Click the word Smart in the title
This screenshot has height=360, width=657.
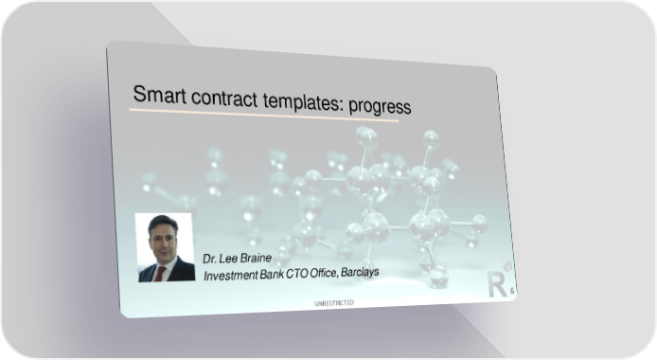point(160,94)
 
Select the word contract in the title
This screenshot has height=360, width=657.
point(224,99)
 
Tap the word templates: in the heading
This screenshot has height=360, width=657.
point(303,101)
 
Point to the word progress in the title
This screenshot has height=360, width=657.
point(380,106)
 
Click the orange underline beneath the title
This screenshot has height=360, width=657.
point(264,116)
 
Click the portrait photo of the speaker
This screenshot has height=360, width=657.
point(165,247)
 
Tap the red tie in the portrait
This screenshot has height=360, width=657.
point(160,273)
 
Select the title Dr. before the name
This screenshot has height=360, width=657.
point(209,259)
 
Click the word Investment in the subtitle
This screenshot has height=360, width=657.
point(230,276)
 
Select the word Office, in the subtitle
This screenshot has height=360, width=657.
point(324,273)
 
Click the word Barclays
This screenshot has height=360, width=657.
point(360,272)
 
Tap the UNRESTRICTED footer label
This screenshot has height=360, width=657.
point(334,303)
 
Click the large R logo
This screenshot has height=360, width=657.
point(497,284)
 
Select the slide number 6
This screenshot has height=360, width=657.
point(512,291)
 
